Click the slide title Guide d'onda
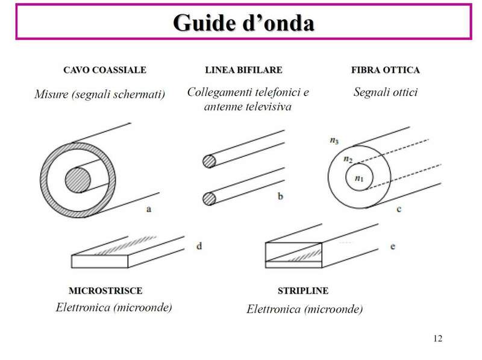243,22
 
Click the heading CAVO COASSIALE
104,71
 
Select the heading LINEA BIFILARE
243,71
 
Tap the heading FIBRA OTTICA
385,71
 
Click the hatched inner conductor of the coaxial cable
78,180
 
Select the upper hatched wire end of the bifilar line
209,161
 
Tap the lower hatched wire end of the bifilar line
209,197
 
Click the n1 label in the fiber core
360,178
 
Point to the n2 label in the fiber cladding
347,159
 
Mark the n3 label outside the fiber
336,141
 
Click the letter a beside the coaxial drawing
148,209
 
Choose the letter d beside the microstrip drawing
199,245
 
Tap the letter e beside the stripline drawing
393,246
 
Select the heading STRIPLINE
302,291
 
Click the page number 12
437,338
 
